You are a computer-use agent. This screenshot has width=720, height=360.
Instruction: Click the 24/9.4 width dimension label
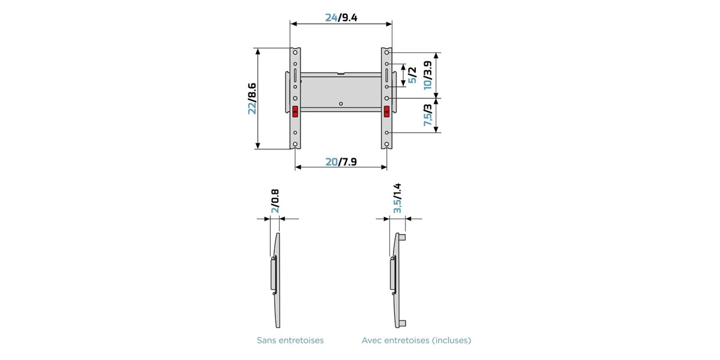(x=341, y=17)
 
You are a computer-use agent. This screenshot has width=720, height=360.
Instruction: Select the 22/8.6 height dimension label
(x=253, y=98)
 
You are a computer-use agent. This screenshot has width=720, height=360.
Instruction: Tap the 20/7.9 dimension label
(x=341, y=161)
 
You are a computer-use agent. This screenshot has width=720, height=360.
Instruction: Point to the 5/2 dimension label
(x=412, y=75)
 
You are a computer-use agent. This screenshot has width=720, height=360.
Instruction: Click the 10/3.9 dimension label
(x=428, y=75)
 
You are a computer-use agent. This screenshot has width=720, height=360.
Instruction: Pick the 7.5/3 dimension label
(x=428, y=115)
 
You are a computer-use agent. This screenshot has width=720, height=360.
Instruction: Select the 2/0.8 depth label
(x=275, y=201)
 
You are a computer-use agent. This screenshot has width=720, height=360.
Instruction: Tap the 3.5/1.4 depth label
(x=397, y=199)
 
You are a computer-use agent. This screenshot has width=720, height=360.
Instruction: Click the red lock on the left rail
(x=295, y=112)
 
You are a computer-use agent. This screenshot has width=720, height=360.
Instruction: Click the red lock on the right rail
(x=386, y=112)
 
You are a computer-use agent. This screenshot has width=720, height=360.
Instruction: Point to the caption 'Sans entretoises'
(x=290, y=340)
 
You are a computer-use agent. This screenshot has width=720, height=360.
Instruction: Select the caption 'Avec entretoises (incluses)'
(x=416, y=340)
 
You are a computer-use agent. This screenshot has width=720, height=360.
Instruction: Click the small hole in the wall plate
(x=341, y=104)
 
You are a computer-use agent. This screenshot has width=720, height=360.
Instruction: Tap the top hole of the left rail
(x=295, y=52)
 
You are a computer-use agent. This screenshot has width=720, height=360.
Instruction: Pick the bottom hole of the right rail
(x=386, y=145)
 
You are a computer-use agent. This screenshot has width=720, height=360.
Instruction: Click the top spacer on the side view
(x=402, y=238)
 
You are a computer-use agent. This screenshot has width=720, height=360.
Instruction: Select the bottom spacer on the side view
(x=402, y=323)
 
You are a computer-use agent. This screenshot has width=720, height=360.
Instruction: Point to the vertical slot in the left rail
(x=295, y=75)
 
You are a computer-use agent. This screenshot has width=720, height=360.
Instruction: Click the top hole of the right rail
(x=386, y=52)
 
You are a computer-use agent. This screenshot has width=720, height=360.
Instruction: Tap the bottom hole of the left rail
(x=295, y=145)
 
